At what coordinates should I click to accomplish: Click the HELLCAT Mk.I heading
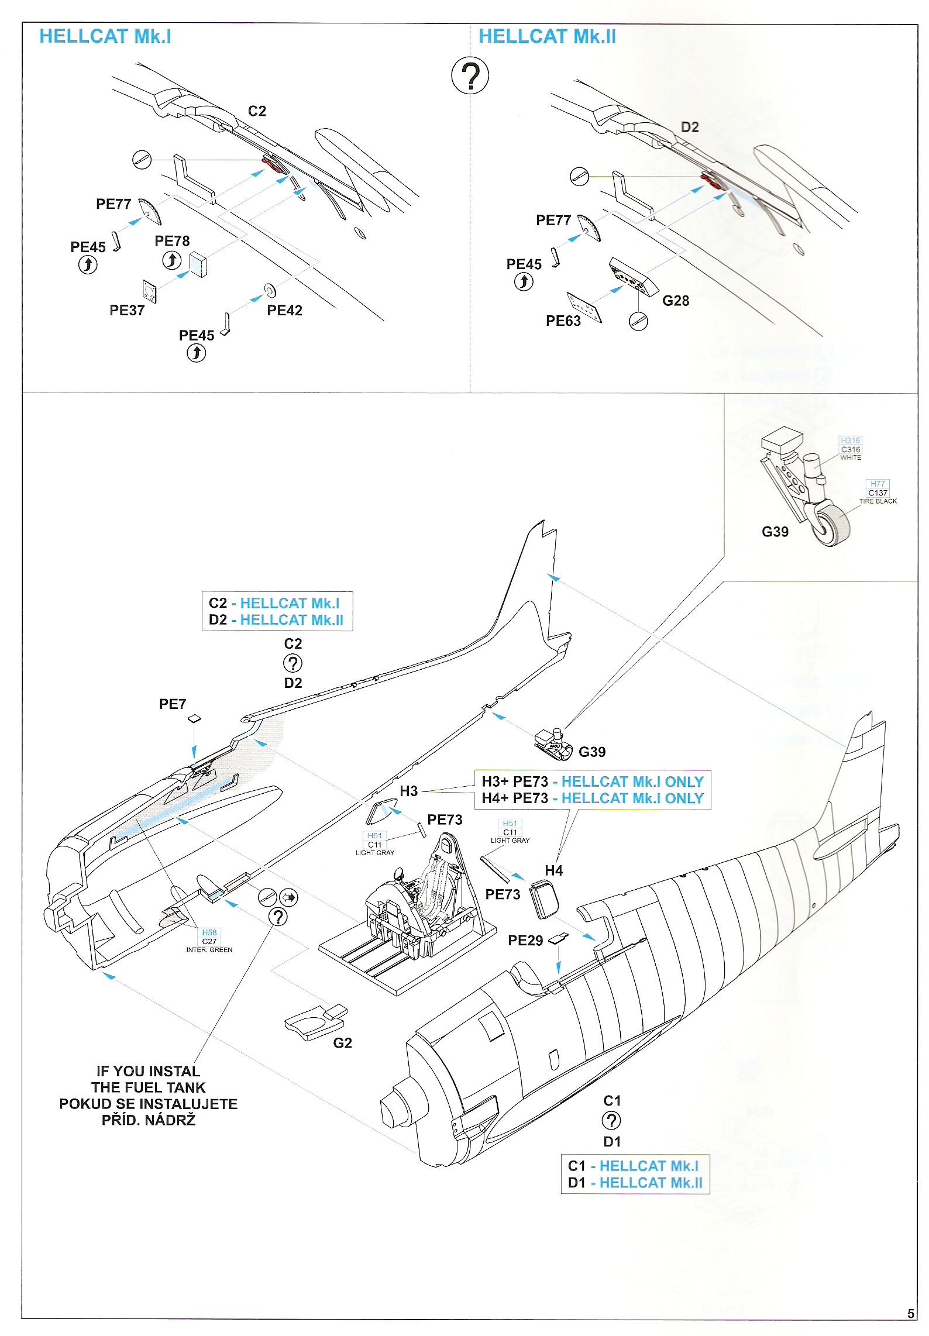click(x=105, y=36)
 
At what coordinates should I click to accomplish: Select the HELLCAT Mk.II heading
click(x=547, y=36)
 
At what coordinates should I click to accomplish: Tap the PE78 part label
click(x=172, y=241)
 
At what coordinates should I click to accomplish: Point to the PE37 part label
click(x=127, y=311)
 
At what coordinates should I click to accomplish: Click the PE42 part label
click(x=284, y=311)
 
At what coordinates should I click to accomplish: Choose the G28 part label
click(x=676, y=301)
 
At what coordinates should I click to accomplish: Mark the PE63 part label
click(x=563, y=321)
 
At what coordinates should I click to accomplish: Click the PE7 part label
click(x=173, y=704)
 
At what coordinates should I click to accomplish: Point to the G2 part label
click(x=342, y=1043)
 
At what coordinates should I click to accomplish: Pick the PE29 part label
click(x=525, y=941)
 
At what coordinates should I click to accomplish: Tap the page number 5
click(x=911, y=1314)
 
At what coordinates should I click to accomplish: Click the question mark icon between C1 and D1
click(x=611, y=1121)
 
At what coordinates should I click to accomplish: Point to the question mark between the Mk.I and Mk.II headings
click(x=470, y=75)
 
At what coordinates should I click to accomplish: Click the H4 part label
click(x=553, y=870)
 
